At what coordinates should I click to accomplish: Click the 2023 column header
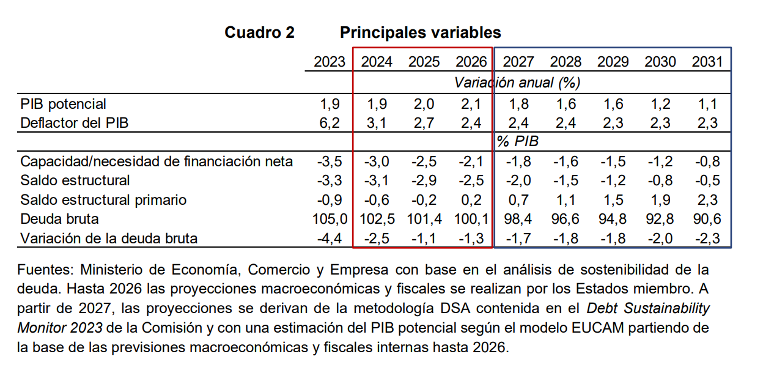point(330,62)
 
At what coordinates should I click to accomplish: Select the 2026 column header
point(471,62)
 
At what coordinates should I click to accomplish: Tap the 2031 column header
point(707,62)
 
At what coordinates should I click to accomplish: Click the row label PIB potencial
point(63,104)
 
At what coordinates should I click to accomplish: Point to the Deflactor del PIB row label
point(74,123)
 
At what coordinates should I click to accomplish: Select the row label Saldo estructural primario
point(103,200)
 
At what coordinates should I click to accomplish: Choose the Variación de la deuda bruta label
point(109,238)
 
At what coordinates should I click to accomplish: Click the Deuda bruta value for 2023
point(330,219)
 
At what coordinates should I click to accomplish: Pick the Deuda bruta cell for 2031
point(707,219)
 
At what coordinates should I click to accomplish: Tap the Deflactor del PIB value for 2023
point(330,123)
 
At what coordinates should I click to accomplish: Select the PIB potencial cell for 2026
point(471,104)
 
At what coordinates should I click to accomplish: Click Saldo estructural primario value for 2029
point(613,200)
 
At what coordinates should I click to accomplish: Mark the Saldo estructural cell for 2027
point(518,180)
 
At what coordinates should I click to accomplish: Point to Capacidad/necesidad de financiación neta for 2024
point(377,161)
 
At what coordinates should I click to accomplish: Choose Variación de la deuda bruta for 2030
point(660,238)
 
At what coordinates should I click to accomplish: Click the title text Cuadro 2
point(259,32)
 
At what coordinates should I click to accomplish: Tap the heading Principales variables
point(420,32)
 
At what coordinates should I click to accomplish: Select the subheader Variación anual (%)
point(517,82)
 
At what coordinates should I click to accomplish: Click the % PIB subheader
point(517,142)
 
